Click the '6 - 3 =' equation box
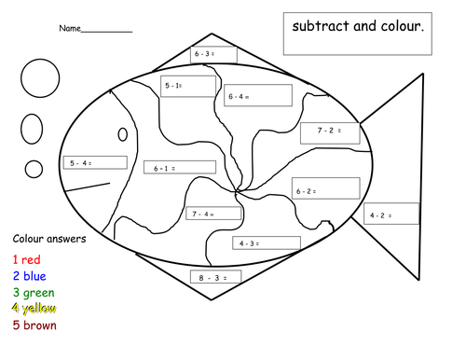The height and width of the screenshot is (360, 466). click(213, 55)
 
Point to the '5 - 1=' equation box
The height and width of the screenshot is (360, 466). click(188, 86)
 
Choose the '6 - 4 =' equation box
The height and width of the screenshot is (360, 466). click(258, 95)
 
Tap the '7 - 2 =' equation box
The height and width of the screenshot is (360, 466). click(330, 133)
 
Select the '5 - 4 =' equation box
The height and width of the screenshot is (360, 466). click(95, 162)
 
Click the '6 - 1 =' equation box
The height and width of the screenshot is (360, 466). click(180, 167)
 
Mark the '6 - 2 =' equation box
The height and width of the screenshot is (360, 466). click(326, 188)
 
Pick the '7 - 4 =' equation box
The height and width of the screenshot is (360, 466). click(213, 214)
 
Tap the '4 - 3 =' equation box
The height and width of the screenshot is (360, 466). click(267, 242)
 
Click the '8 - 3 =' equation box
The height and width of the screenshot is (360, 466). click(215, 277)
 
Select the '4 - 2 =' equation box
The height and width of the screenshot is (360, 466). click(391, 214)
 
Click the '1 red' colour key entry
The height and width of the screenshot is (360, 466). click(27, 259)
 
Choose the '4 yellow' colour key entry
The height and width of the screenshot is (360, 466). click(34, 309)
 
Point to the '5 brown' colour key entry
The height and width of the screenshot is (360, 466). click(34, 325)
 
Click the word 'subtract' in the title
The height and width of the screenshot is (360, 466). click(321, 26)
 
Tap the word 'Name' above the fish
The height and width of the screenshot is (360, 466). click(70, 28)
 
